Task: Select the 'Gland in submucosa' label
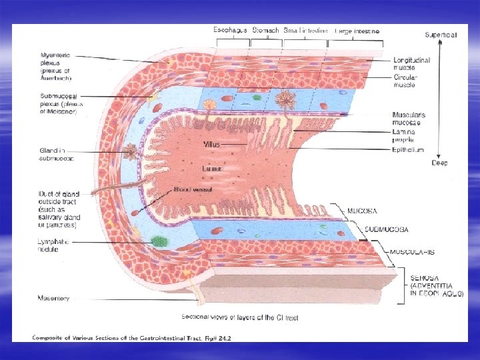coord(56,154)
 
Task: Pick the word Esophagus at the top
coord(230,31)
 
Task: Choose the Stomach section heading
coord(265,31)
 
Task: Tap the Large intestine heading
coord(357,31)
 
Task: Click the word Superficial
coord(441,35)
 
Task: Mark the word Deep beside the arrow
coord(440,163)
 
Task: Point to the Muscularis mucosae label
coord(409,119)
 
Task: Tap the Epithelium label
coord(408,150)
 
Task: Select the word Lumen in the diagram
coord(213,169)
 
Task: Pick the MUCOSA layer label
coord(364,211)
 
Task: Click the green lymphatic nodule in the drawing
coord(159,241)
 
